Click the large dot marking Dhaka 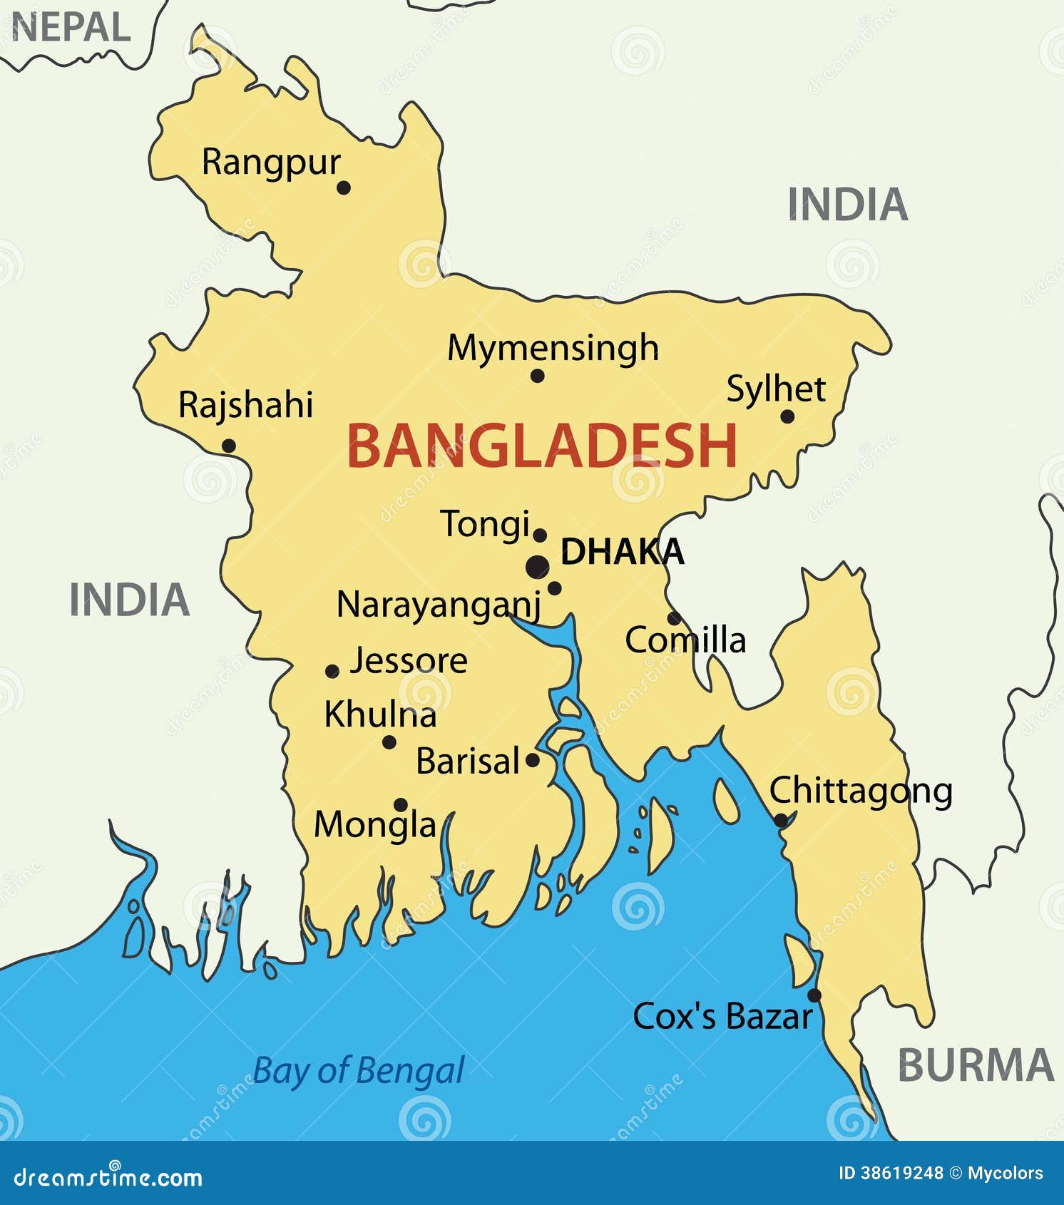pyautogui.click(x=538, y=568)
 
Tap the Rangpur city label pyautogui.click(x=271, y=163)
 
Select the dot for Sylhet pyautogui.click(x=787, y=416)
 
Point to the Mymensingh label pyautogui.click(x=553, y=349)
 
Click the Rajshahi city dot pyautogui.click(x=228, y=446)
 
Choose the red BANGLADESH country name pyautogui.click(x=542, y=446)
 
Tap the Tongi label pyautogui.click(x=485, y=525)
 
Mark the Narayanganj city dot pyautogui.click(x=554, y=588)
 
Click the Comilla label pyautogui.click(x=685, y=640)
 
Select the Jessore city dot pyautogui.click(x=332, y=671)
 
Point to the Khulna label pyautogui.click(x=380, y=715)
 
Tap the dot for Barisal pyautogui.click(x=532, y=760)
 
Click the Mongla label pyautogui.click(x=375, y=826)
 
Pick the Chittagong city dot pyautogui.click(x=781, y=820)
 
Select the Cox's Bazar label pyautogui.click(x=722, y=1017)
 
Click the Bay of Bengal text pyautogui.click(x=359, y=1071)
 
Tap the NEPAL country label pyautogui.click(x=71, y=29)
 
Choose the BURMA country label pyautogui.click(x=975, y=1066)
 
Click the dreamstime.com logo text pyautogui.click(x=108, y=1178)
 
